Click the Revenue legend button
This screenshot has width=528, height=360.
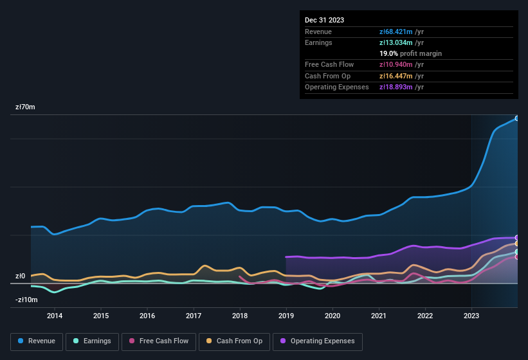[37, 341]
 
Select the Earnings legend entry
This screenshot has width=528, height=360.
[92, 341]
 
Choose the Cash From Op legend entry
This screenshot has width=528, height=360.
[234, 341]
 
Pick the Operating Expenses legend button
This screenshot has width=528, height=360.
[318, 341]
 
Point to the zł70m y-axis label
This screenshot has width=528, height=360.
[25, 107]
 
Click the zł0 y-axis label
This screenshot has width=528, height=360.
[20, 276]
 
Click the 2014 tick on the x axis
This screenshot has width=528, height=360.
[55, 316]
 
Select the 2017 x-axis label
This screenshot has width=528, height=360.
[194, 316]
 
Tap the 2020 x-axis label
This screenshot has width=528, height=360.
[332, 316]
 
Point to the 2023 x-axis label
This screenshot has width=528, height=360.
[471, 316]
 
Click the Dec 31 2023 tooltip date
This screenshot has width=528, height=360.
[324, 20]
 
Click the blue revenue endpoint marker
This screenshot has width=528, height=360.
[516, 118]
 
